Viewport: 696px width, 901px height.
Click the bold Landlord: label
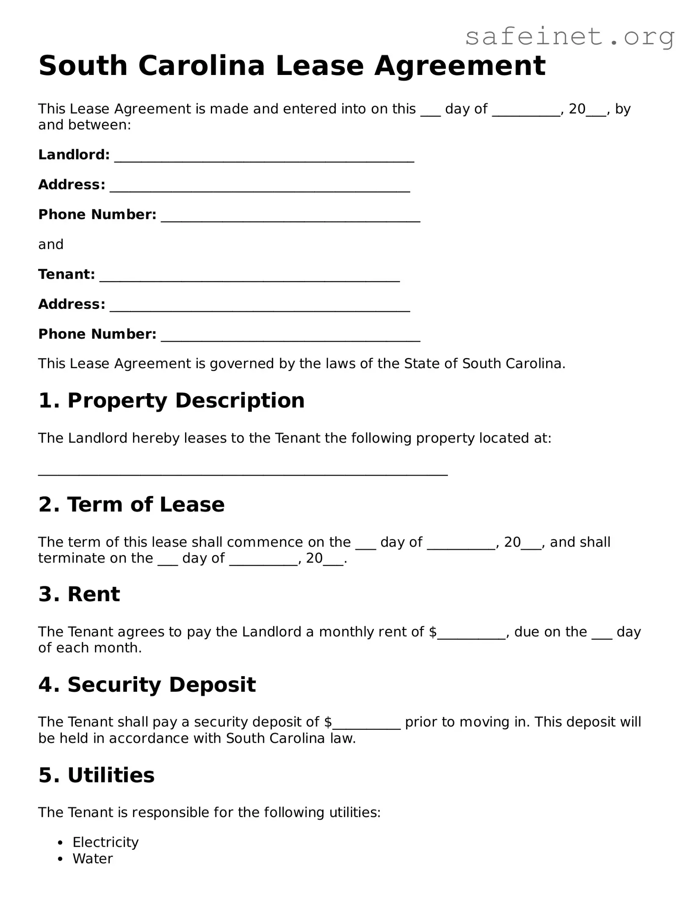tap(74, 155)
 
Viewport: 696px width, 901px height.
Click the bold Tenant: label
tap(66, 274)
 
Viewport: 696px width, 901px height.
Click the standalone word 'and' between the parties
tap(51, 244)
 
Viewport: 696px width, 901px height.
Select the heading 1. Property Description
tap(171, 400)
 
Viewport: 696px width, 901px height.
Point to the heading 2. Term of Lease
tap(131, 504)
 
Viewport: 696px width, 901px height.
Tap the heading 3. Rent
tap(79, 594)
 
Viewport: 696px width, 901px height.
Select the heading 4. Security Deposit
tap(147, 684)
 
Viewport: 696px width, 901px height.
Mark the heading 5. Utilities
tap(97, 775)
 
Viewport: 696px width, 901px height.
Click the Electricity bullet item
tap(105, 842)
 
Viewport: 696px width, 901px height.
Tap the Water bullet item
tap(93, 859)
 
